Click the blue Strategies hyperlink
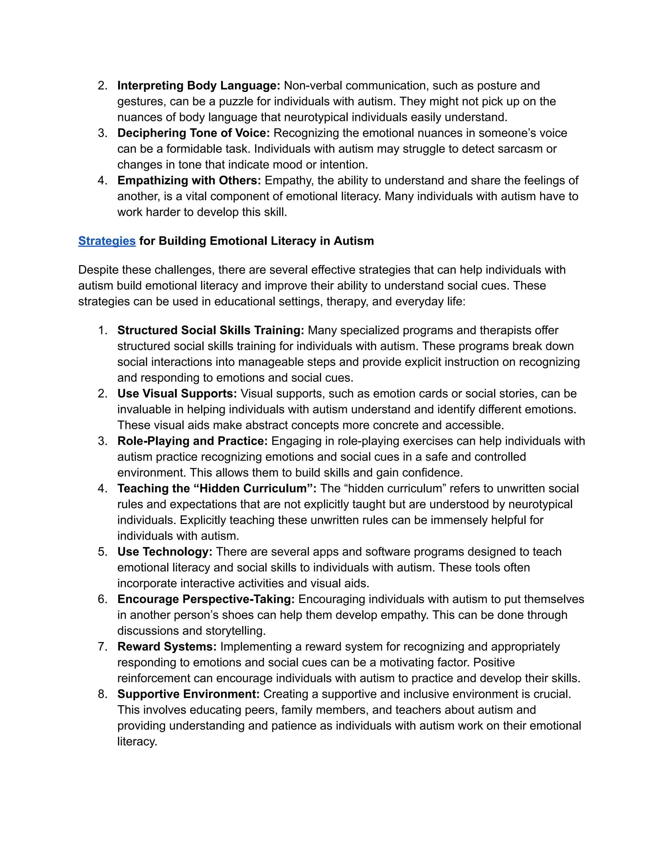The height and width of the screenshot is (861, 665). pos(107,241)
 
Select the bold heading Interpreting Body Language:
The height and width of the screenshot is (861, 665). pos(198,85)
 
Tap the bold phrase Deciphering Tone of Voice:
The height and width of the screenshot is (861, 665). pos(194,133)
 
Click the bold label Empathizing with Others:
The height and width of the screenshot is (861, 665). pos(189,180)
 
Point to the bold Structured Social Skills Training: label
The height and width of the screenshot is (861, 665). pos(211,330)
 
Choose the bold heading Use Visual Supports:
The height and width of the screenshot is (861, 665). pos(177,393)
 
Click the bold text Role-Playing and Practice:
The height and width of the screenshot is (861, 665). pos(192,441)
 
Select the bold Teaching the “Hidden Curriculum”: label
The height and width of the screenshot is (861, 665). pos(217,488)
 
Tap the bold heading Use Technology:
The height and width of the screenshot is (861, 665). pos(165,552)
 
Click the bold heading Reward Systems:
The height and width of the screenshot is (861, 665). pos(167,647)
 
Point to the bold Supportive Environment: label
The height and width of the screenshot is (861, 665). pos(188,694)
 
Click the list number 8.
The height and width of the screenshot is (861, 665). pos(102,694)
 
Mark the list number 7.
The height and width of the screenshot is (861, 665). pos(102,647)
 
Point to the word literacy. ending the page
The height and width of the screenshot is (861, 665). pos(137,741)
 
